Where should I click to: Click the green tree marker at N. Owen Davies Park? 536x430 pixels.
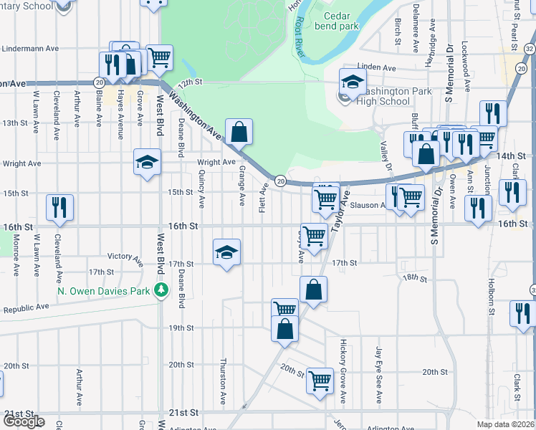point(163,290)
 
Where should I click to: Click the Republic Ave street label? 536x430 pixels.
point(26,307)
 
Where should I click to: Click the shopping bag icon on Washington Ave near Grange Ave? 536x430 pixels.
point(239,132)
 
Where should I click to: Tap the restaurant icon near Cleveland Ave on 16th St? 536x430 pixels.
point(59,207)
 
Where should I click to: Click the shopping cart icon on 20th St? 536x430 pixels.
point(320,380)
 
